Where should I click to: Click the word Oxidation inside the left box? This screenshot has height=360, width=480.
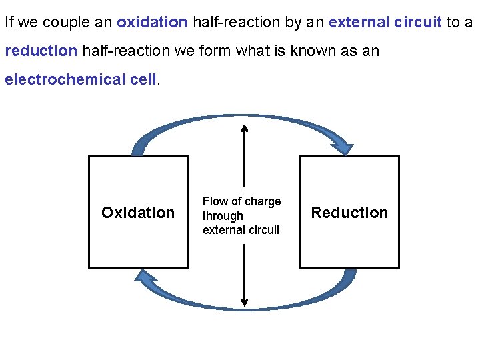pos(138,213)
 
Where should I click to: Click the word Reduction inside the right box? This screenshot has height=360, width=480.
pos(349,213)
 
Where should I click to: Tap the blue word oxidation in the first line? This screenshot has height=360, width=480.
pos(152,22)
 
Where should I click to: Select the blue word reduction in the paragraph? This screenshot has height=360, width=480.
pos(41,51)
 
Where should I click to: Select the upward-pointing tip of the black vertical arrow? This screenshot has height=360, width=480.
pos(245,128)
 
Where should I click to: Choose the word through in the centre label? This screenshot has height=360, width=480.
pos(223,216)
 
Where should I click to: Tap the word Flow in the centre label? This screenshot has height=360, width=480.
pos(215,201)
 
